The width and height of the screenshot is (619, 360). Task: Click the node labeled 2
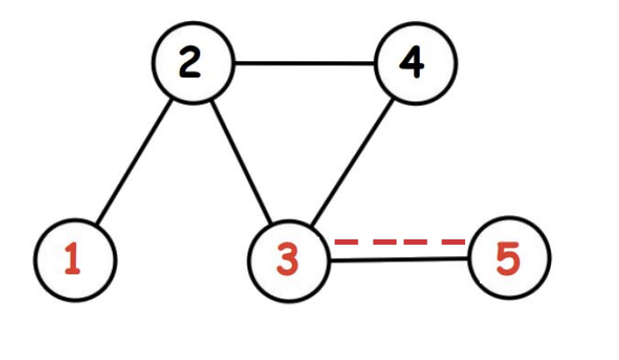tap(192, 64)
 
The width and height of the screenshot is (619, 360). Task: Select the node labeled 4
tap(415, 64)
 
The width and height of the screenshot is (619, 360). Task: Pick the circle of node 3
tap(289, 260)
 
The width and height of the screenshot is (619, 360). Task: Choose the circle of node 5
tap(510, 260)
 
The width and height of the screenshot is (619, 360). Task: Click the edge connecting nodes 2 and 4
tap(303, 64)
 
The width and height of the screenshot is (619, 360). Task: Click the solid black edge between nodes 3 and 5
tap(400, 260)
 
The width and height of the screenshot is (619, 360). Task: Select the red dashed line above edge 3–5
tap(400, 240)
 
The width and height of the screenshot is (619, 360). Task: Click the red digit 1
tap(74, 260)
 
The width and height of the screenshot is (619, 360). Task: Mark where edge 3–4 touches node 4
tap(395, 97)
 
